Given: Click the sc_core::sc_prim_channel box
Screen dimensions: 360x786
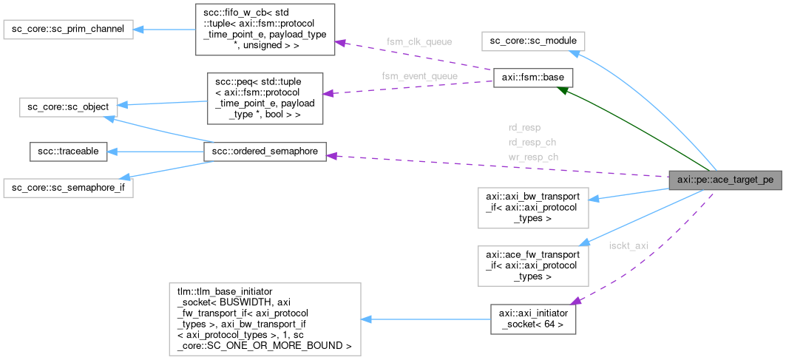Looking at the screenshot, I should pyautogui.click(x=69, y=30).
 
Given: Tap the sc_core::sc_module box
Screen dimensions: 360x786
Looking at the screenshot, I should pyautogui.click(x=533, y=41).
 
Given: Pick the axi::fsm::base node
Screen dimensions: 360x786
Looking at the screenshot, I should pyautogui.click(x=532, y=77).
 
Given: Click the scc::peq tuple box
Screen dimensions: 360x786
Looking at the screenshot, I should pyautogui.click(x=264, y=97).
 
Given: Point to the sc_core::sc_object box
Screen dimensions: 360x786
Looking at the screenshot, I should pyautogui.click(x=65, y=106).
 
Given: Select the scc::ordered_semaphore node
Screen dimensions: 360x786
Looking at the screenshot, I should pyautogui.click(x=265, y=152).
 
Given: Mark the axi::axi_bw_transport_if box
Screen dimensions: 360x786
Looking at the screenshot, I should pyautogui.click(x=532, y=207).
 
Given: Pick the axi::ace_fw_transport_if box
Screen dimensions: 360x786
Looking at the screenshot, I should pyautogui.click(x=532, y=265).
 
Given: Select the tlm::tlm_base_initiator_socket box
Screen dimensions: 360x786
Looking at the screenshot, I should pyautogui.click(x=264, y=317).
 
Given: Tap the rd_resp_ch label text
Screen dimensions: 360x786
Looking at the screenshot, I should pyautogui.click(x=532, y=141).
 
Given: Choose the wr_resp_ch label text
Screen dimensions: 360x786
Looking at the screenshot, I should pyautogui.click(x=532, y=157).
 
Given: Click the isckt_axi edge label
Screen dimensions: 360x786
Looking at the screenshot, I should pyautogui.click(x=628, y=245).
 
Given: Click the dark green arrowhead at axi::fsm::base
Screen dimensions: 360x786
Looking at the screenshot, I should pyautogui.click(x=563, y=90).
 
